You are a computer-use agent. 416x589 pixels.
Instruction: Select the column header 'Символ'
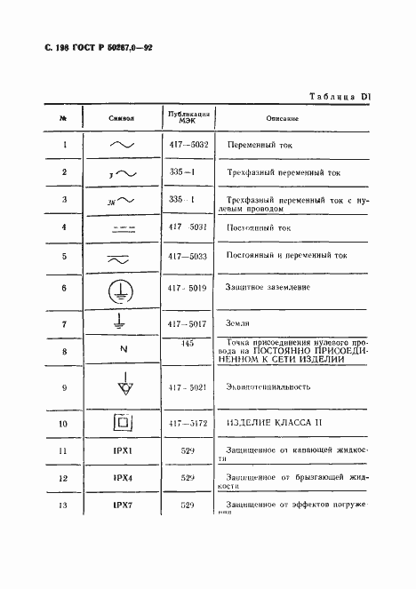coord(120,118)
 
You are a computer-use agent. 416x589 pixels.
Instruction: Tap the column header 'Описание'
coord(282,118)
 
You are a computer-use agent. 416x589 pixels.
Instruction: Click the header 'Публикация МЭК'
coord(188,117)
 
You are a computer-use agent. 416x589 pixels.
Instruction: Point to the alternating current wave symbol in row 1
coord(121,143)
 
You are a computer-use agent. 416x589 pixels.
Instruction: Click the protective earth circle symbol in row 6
coord(121,289)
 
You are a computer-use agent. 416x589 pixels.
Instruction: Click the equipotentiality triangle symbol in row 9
coord(121,387)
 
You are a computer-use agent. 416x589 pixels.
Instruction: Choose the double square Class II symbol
coord(121,424)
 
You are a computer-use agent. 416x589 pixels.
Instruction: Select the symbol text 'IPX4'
coord(121,479)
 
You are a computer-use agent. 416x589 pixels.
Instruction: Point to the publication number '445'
coord(188,343)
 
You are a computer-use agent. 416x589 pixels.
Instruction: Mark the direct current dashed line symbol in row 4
coord(121,227)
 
